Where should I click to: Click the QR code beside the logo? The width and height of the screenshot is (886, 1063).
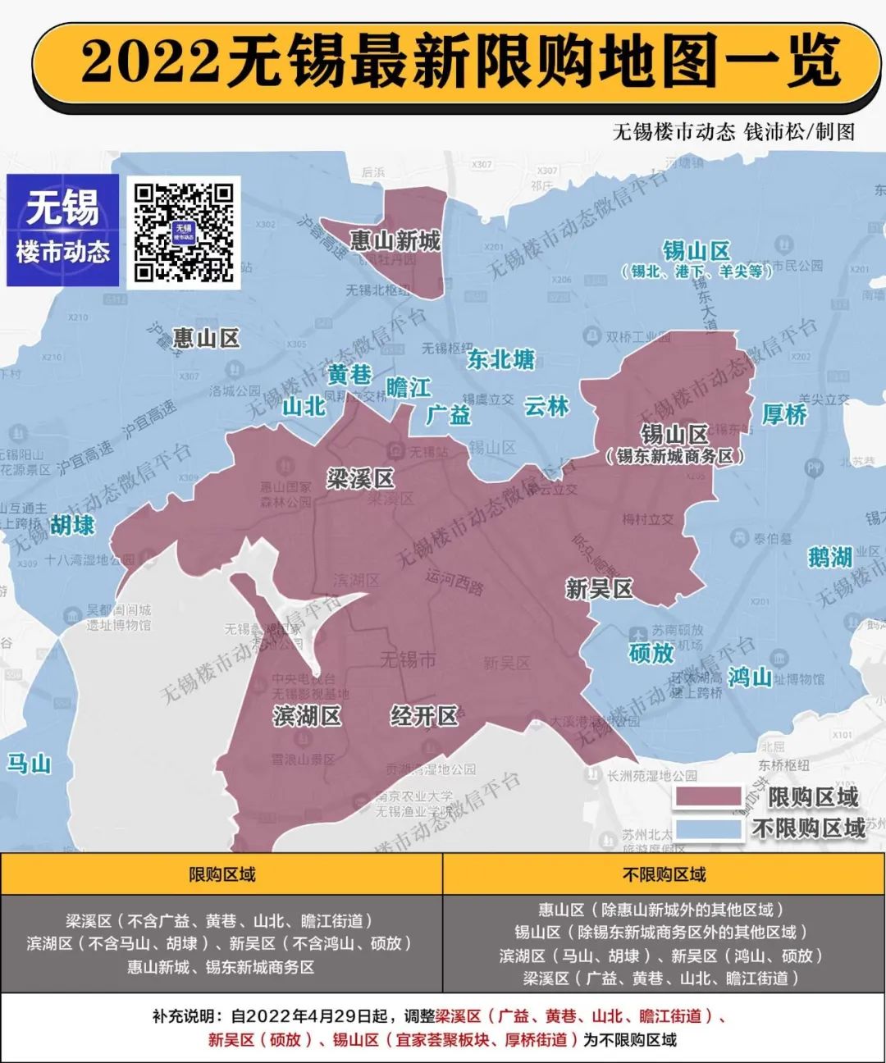coord(184,232)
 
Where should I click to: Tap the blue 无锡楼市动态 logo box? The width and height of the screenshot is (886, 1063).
coord(63,230)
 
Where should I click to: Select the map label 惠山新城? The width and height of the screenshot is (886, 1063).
coord(395,240)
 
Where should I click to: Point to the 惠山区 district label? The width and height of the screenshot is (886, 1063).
coord(206,338)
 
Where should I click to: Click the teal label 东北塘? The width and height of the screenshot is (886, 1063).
coord(500,359)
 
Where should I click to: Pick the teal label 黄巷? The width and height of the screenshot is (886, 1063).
coord(350,375)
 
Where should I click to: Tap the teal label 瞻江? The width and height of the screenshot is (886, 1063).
coord(408,387)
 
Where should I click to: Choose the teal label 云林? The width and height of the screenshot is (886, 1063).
coord(546,406)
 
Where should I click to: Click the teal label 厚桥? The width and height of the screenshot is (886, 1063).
coord(784,415)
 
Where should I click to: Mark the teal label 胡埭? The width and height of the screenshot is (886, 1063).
coord(72,525)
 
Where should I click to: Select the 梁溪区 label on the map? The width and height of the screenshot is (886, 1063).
coord(360,479)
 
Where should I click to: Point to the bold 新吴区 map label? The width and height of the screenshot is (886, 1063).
coord(599,589)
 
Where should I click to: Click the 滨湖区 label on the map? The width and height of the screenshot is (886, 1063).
coord(307,716)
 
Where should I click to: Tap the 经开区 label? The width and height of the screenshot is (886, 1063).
coord(423,716)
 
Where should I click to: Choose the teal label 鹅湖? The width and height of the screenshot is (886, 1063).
coord(829,558)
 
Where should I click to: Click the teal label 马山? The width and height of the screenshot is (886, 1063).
coord(30,764)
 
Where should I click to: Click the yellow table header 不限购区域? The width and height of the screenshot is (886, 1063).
coord(664,874)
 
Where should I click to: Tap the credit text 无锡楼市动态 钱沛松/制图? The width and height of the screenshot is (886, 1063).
coord(733,131)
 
